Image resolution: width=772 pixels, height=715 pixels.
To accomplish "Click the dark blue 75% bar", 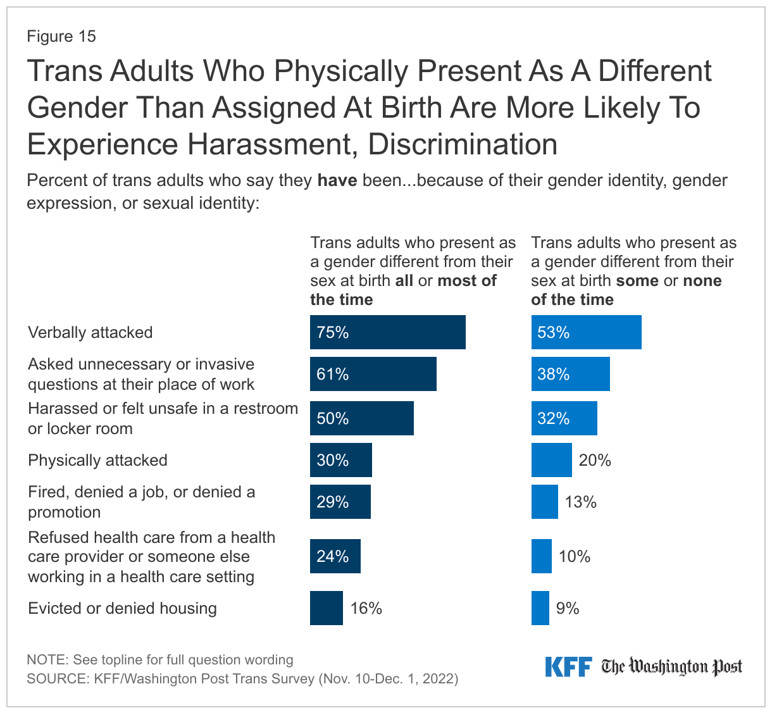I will point(387,332).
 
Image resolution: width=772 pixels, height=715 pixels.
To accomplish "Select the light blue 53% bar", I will point(586,332).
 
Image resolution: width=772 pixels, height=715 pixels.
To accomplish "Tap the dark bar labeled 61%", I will point(373,374).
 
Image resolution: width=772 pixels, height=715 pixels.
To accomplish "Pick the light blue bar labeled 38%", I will point(570,374).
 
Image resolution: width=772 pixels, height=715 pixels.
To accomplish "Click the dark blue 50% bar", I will point(361,418).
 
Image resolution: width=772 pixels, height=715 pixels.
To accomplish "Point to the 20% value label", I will point(595,460).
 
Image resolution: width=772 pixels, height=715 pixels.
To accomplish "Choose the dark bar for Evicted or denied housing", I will point(326,608).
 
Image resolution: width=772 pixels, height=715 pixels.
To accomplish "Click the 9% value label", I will point(568,608).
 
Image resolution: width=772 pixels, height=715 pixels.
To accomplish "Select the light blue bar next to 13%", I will point(544,502).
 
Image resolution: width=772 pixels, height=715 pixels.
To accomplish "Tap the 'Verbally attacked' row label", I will point(90,332).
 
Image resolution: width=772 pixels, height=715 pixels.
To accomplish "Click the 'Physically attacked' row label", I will point(97,460).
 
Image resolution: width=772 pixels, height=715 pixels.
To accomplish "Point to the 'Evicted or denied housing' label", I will point(122,608).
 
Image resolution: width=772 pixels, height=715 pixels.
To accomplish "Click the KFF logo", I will point(568,667).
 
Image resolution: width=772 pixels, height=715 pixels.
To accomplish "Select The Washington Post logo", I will point(671,667).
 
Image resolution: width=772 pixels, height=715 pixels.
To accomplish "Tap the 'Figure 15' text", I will point(61,36).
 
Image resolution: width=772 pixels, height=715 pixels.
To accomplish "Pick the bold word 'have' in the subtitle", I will point(337,180).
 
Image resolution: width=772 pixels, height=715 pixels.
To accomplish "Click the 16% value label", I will point(366,608).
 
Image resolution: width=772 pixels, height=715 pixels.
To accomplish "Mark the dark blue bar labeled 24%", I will point(335,556).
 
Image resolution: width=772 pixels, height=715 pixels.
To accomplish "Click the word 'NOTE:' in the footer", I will point(47,660).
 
